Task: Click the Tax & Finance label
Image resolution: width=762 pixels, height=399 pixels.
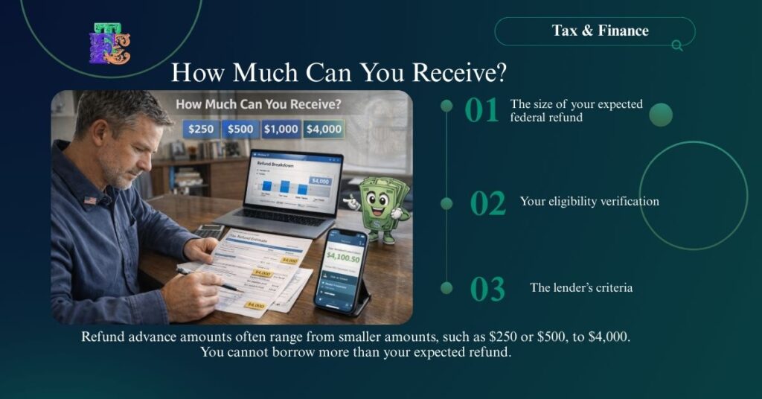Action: [x=600, y=31]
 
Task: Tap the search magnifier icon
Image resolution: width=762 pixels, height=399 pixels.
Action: [x=677, y=45]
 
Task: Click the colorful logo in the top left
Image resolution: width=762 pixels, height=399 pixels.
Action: [x=109, y=44]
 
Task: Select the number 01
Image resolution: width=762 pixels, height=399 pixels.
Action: [x=481, y=111]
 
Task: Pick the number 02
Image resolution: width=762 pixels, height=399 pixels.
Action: [x=487, y=203]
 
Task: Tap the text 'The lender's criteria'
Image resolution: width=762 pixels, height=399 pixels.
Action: [x=581, y=287]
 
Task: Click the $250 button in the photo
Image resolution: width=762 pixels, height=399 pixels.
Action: [x=200, y=129]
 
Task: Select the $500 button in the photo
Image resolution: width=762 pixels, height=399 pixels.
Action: [x=240, y=129]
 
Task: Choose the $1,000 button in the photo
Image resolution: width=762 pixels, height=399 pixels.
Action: [x=280, y=129]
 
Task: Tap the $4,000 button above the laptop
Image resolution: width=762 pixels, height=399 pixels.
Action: [x=324, y=129]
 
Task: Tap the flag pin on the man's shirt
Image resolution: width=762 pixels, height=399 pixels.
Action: [x=90, y=200]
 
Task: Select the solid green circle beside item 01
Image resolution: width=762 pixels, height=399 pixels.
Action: [x=660, y=115]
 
